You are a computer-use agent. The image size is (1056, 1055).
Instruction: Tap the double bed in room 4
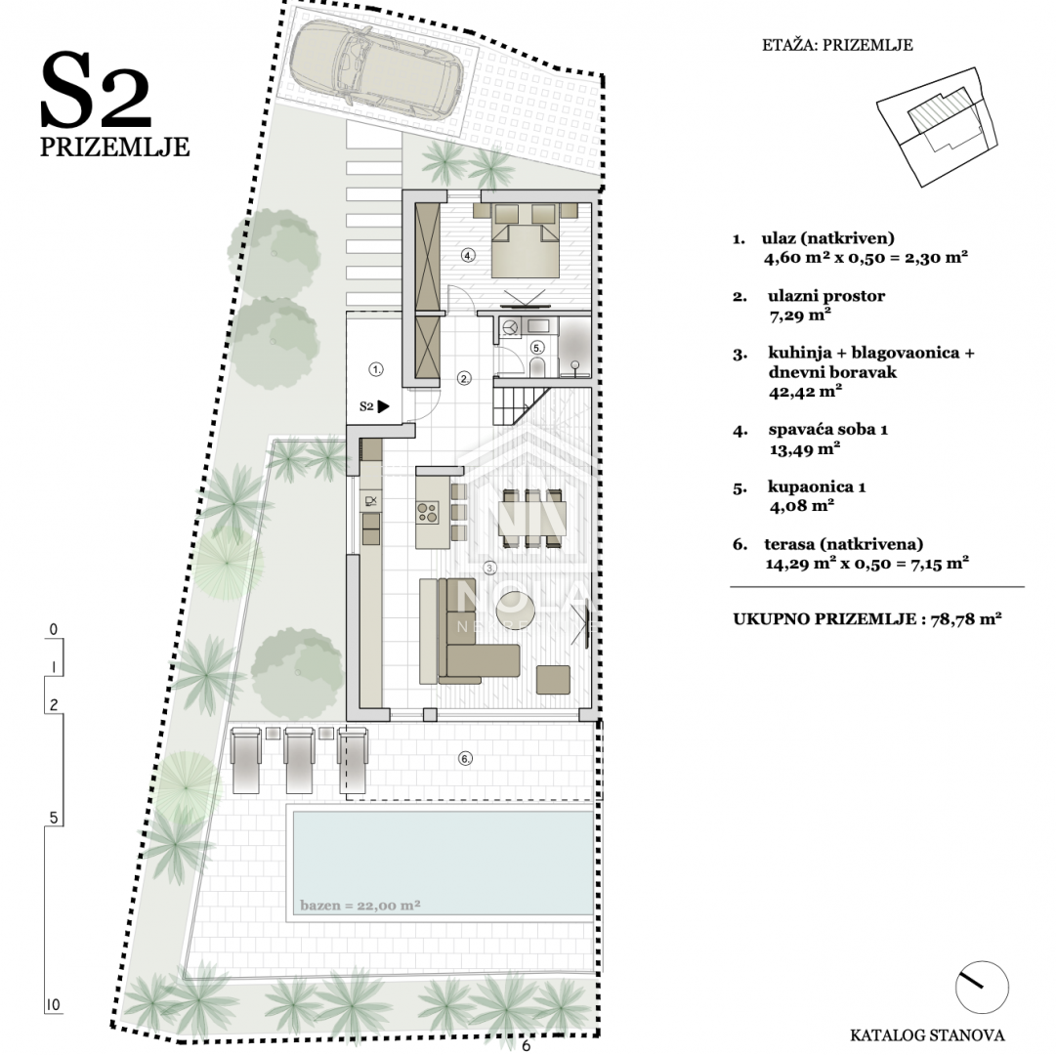(526, 240)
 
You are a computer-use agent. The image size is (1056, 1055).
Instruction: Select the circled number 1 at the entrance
(376, 369)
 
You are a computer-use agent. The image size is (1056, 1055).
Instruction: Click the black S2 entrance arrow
(383, 406)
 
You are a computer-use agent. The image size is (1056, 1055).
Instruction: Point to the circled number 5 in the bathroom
(536, 348)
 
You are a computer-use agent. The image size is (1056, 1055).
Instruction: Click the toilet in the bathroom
(537, 367)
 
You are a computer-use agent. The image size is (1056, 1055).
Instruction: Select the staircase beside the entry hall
(523, 401)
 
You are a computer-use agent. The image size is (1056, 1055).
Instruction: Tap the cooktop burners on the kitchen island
(427, 513)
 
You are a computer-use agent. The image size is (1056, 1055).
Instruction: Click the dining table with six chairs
(532, 517)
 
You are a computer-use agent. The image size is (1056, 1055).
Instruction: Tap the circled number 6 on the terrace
(465, 759)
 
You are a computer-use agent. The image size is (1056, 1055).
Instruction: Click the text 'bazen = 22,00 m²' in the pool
(360, 905)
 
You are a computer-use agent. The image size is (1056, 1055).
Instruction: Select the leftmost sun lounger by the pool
(245, 760)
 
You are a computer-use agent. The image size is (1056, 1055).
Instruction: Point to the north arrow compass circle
(982, 988)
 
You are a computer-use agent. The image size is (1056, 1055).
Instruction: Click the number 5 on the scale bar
(53, 818)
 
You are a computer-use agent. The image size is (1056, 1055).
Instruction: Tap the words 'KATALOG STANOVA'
(927, 1034)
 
